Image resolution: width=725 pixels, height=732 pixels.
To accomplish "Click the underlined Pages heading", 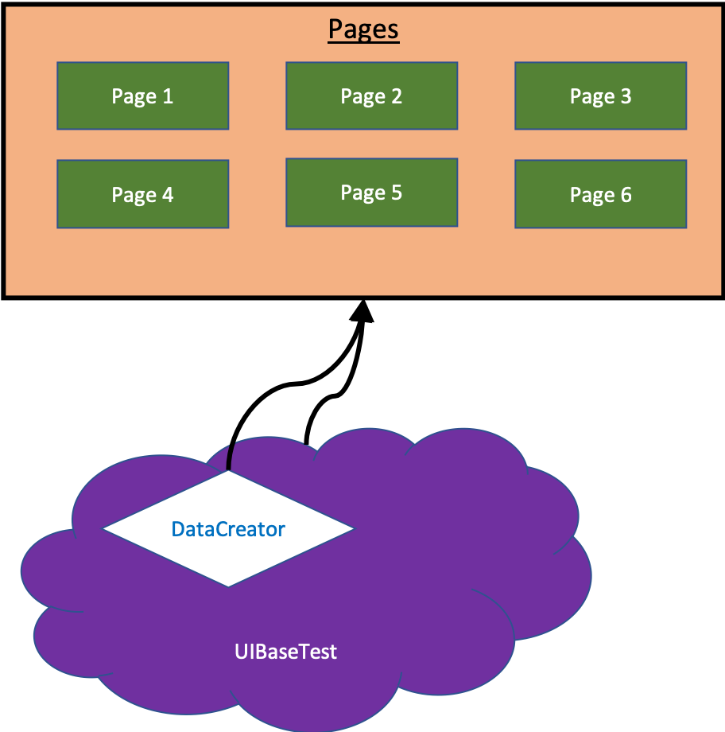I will click(363, 30).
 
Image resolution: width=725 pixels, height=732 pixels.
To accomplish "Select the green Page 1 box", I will click(142, 95).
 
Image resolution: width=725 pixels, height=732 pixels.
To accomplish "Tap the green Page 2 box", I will click(371, 95).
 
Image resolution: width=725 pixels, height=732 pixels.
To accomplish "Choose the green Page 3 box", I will click(600, 95).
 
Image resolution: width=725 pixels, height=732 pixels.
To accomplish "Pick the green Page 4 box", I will click(142, 194).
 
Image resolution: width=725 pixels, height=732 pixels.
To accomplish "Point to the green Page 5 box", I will click(371, 193).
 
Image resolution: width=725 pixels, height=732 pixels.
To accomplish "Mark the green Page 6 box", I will click(600, 194).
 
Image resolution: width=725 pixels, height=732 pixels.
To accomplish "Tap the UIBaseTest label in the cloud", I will click(285, 652).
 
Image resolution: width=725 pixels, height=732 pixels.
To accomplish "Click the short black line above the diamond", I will click(230, 456).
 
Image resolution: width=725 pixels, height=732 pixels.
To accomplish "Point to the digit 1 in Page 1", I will click(168, 96).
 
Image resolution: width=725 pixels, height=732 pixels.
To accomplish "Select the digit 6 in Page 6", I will click(626, 195).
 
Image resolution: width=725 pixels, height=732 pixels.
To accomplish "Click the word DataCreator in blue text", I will click(228, 528).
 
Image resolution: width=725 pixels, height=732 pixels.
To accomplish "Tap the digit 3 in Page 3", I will click(626, 96).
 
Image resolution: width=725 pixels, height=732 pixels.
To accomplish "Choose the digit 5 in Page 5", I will click(397, 193).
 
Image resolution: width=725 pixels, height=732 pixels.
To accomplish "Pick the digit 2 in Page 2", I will click(397, 96).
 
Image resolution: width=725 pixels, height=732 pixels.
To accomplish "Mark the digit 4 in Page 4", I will click(168, 195).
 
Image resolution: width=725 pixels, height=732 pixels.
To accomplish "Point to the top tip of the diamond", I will click(228, 472).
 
